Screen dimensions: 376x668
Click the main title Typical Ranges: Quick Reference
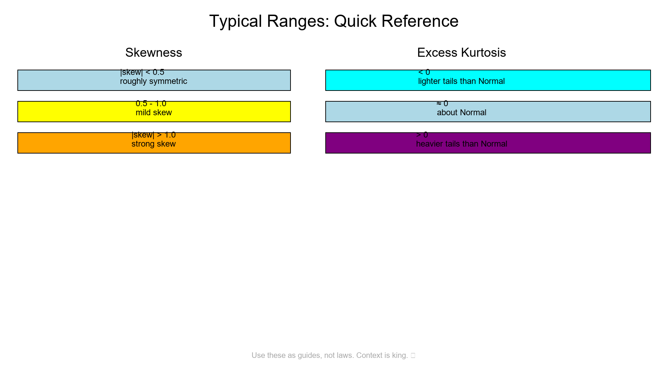tap(334, 21)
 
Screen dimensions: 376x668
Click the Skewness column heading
tap(153, 53)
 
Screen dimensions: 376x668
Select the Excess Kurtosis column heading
tap(461, 53)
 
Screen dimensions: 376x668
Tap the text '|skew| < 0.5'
tap(142, 72)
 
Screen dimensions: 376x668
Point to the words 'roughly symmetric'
tap(153, 81)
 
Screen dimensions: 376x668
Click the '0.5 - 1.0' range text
tap(151, 103)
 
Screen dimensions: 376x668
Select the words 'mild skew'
tap(153, 113)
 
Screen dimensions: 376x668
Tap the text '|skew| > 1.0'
tap(153, 135)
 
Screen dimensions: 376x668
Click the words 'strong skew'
tap(153, 144)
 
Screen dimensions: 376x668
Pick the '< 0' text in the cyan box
tap(424, 72)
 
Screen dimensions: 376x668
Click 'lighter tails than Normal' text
tap(461, 81)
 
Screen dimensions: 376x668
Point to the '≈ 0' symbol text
tap(442, 103)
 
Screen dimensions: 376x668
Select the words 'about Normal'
tap(461, 113)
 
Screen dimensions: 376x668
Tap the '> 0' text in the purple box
tap(422, 135)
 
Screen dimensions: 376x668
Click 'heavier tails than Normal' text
tap(461, 144)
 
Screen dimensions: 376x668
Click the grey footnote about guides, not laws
tap(329, 355)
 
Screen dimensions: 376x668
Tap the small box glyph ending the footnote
tap(413, 355)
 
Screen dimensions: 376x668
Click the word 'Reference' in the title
tap(420, 21)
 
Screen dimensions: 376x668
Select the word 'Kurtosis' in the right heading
tap(483, 53)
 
